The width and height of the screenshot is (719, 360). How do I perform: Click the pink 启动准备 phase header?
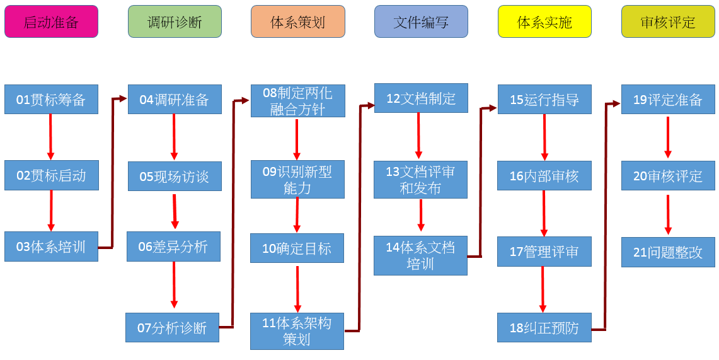(51, 22)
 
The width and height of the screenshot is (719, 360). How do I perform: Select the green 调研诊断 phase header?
(175, 22)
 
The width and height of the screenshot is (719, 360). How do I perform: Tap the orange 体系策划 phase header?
(297, 22)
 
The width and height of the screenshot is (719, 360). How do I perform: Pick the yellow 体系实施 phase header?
(544, 22)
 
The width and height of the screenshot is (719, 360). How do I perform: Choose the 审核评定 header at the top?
(668, 22)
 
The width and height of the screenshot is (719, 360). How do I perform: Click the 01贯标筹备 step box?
(51, 100)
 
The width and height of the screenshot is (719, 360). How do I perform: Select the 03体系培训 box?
(51, 247)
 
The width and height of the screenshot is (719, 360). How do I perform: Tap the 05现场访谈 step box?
(175, 177)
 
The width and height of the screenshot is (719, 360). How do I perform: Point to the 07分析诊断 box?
(172, 328)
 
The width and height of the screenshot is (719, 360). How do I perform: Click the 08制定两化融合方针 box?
(297, 101)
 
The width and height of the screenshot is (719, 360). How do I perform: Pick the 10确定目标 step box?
(297, 248)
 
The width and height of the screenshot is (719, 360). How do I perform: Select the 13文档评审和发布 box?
(420, 180)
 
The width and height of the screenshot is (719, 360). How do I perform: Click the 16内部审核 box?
(544, 176)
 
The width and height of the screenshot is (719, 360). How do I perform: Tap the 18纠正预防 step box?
(544, 328)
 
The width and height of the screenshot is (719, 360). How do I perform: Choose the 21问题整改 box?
(668, 252)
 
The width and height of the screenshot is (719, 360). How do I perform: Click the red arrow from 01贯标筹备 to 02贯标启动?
(51, 137)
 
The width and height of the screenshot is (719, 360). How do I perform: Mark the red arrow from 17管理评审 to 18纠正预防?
(543, 289)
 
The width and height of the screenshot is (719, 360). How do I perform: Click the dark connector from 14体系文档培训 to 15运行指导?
(481, 183)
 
